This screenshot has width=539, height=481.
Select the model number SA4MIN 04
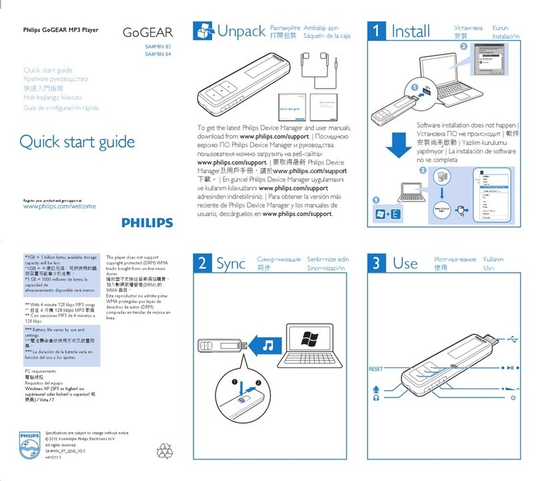[158, 55]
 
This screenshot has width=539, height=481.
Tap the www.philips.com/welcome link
[59, 206]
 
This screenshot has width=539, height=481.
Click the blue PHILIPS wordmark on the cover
[146, 223]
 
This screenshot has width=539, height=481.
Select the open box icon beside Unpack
[203, 31]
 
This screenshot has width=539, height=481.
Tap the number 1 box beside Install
[378, 31]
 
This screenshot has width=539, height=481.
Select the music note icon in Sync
[267, 345]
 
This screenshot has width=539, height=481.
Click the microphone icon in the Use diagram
[376, 388]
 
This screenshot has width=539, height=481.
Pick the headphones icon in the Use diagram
[376, 398]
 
